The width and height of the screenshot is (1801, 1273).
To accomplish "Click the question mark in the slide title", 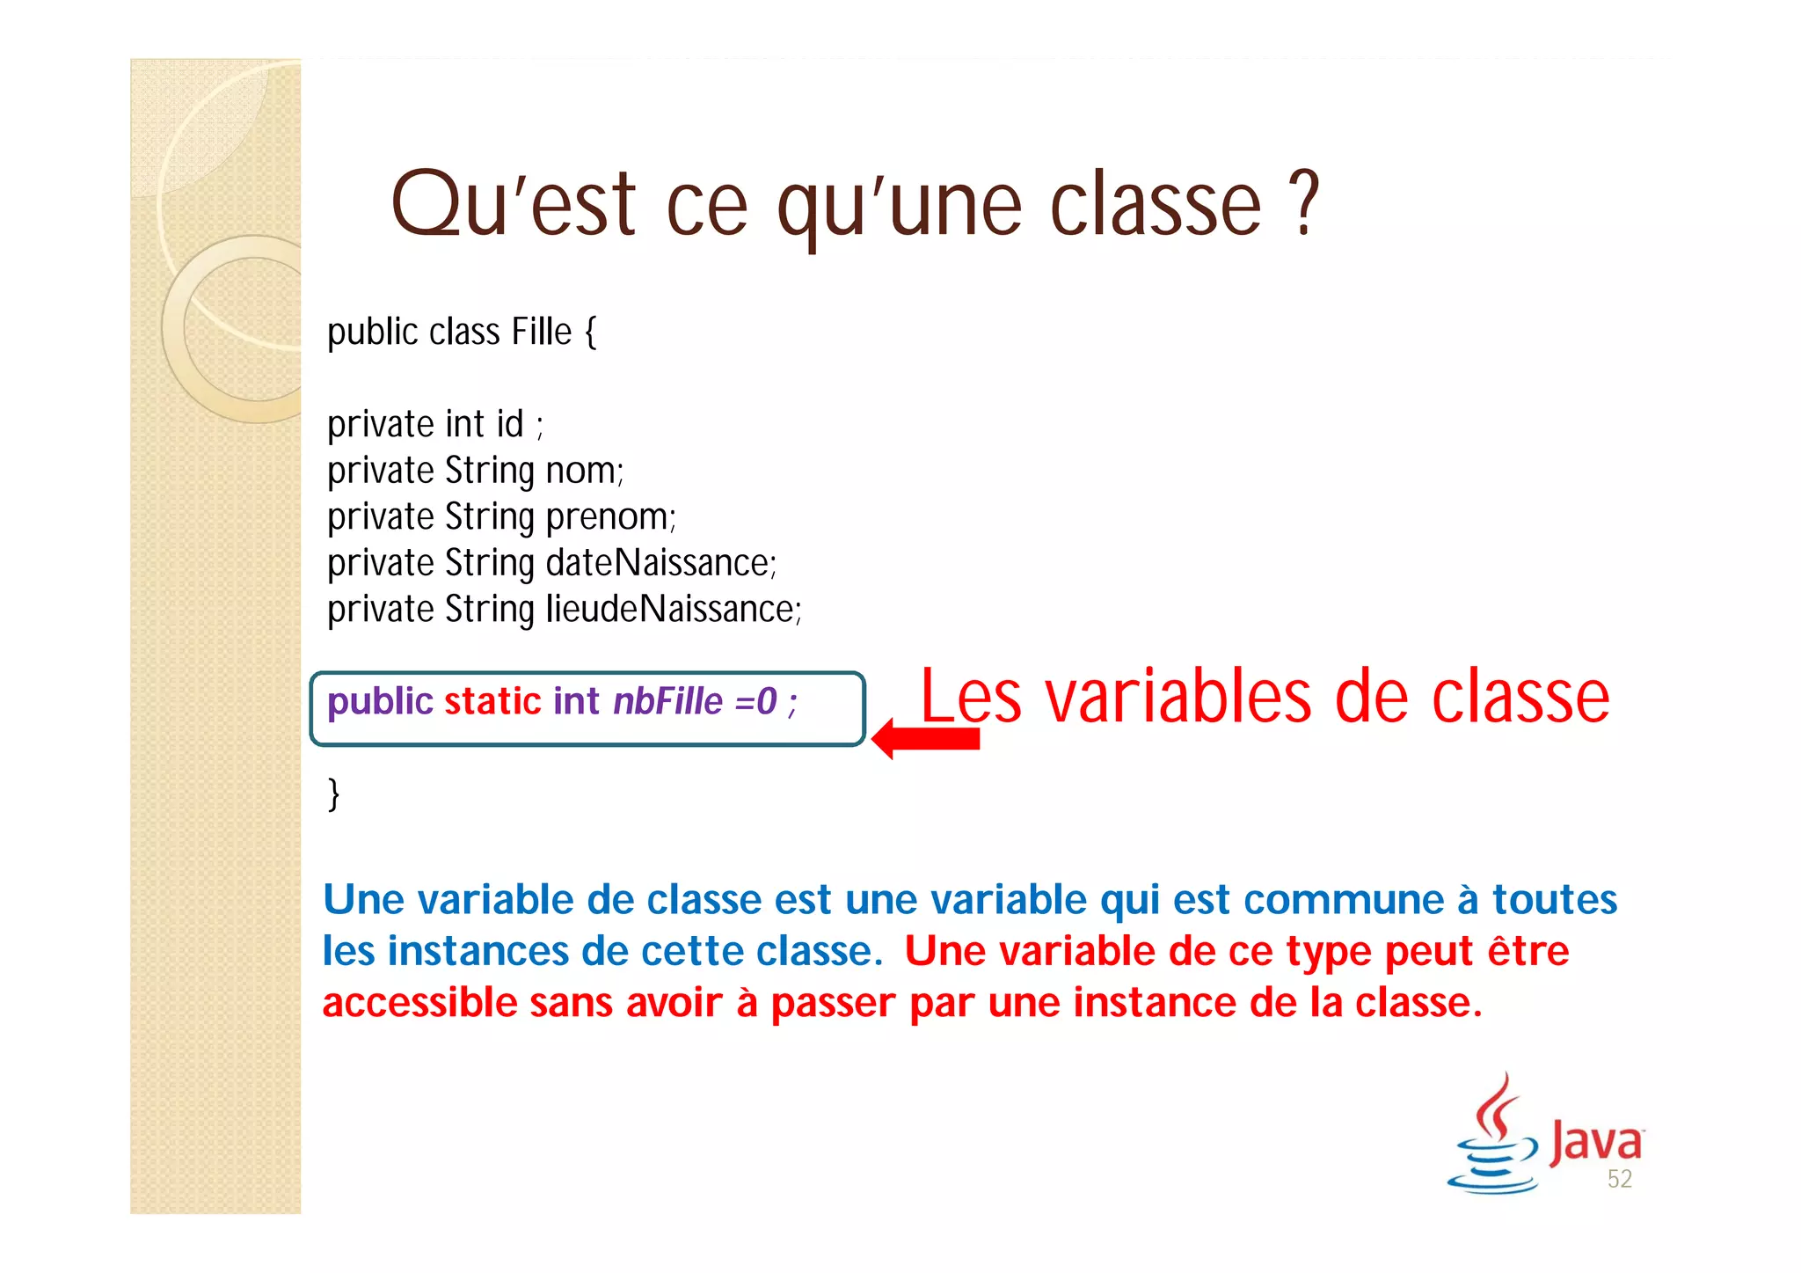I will click(1307, 203).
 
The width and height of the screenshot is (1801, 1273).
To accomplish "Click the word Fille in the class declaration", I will click(542, 333).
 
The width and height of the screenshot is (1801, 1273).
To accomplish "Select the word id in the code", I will click(509, 425).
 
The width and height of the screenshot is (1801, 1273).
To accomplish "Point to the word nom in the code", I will click(583, 471).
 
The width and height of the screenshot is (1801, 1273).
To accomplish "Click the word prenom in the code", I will click(609, 517).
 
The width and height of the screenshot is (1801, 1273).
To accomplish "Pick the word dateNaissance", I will click(660, 563).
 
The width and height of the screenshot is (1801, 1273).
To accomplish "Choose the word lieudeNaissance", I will click(673, 609).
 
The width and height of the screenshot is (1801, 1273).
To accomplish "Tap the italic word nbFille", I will click(667, 701).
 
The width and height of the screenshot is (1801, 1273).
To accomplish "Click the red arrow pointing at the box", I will click(925, 739).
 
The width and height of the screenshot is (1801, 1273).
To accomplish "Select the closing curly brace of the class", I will click(333, 794).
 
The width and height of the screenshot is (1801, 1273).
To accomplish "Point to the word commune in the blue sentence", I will click(1343, 900).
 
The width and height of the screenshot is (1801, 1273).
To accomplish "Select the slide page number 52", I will click(1619, 1179).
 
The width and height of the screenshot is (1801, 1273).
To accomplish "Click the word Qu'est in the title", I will click(513, 205).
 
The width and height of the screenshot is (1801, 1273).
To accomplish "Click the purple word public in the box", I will click(380, 701).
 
